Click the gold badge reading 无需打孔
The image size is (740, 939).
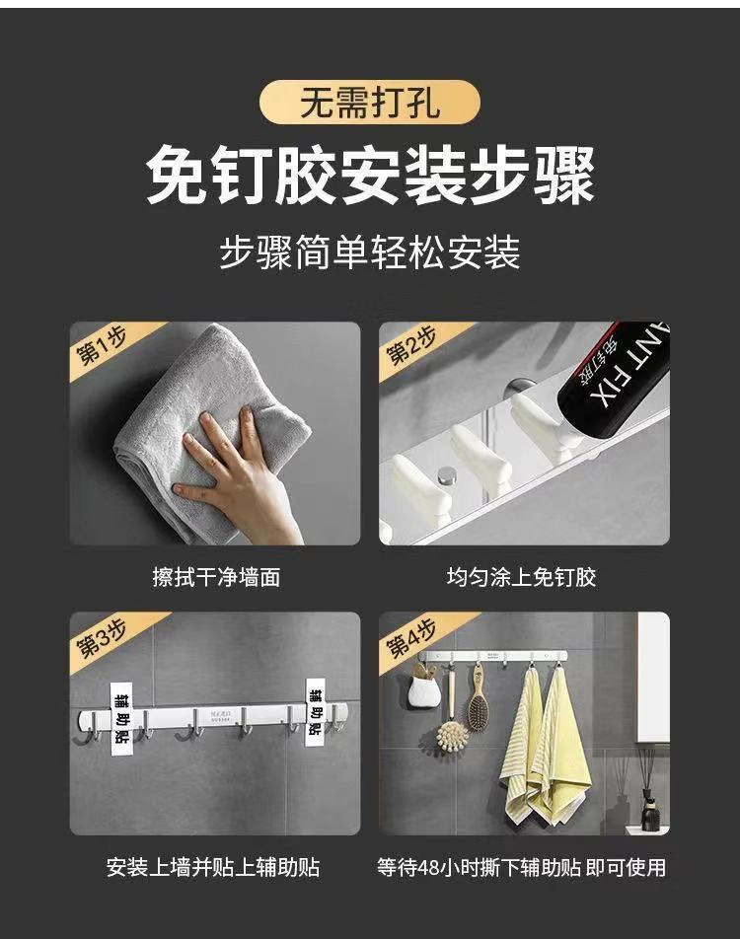coord(370,103)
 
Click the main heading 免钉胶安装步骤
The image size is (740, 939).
coord(370,174)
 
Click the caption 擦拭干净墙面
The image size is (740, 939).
coord(215,577)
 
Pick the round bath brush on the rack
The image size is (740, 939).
coord(453,735)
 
